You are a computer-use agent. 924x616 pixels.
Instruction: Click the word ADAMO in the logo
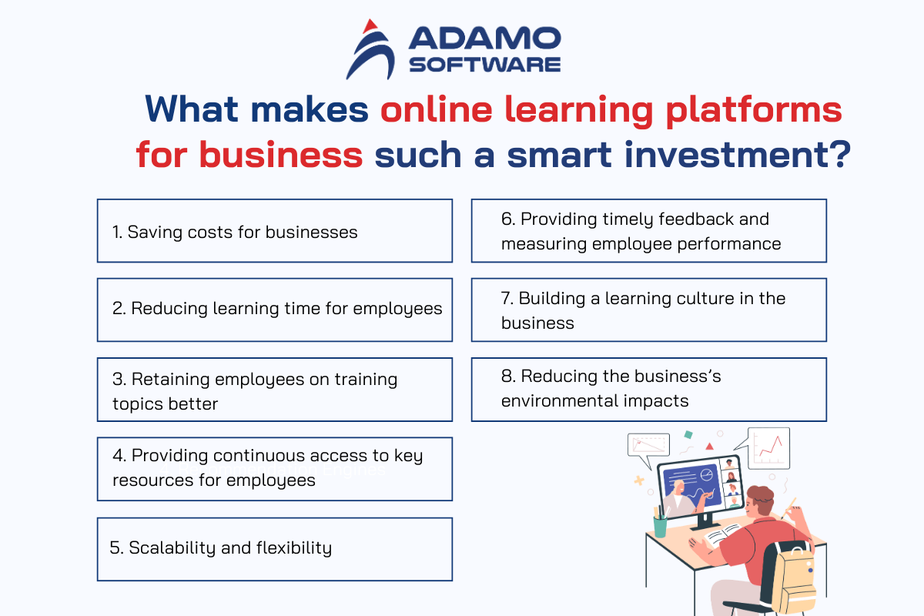click(x=484, y=38)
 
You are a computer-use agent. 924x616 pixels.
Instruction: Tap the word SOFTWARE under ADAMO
click(x=484, y=65)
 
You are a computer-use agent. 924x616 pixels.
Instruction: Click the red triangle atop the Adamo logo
click(x=370, y=26)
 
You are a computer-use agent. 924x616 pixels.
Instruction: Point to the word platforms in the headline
click(x=754, y=110)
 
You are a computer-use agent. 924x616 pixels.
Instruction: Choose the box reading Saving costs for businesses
click(x=275, y=231)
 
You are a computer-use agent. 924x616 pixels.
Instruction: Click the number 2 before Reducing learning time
click(x=119, y=309)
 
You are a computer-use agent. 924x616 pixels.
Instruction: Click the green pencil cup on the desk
click(x=660, y=526)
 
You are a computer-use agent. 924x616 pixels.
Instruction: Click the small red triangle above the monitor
click(x=709, y=446)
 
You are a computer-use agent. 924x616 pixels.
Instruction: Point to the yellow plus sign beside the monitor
click(x=639, y=480)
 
